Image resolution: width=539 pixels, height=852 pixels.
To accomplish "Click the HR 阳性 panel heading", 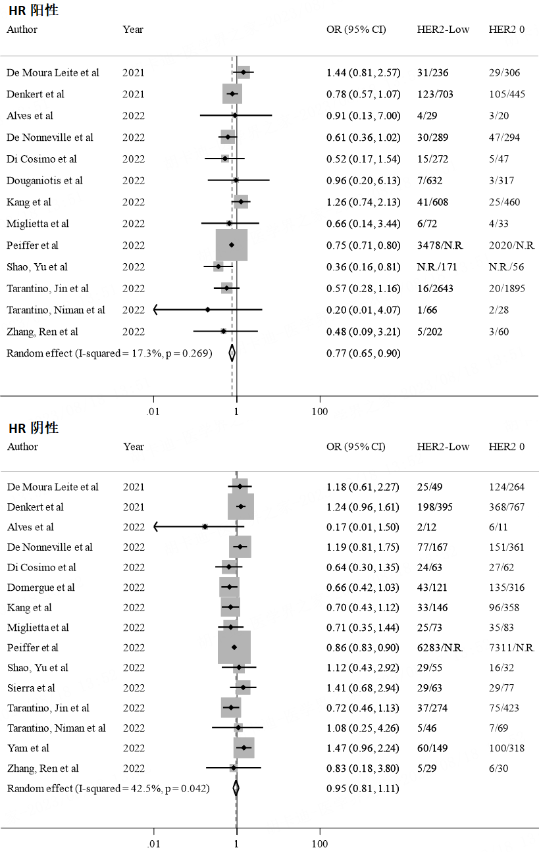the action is pyautogui.click(x=34, y=11).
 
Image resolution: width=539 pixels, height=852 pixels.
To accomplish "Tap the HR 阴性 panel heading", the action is pyautogui.click(x=34, y=428).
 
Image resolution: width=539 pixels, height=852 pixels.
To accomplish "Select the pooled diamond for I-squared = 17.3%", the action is pyautogui.click(x=232, y=353).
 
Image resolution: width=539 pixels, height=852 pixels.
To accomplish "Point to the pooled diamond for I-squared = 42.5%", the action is pyautogui.click(x=236, y=788).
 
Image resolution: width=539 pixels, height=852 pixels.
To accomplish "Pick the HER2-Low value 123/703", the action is pyautogui.click(x=435, y=94).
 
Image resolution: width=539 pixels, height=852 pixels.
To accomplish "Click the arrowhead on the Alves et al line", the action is pyautogui.click(x=156, y=527).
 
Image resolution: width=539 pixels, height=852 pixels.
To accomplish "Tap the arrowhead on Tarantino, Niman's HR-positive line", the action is pyautogui.click(x=156, y=310).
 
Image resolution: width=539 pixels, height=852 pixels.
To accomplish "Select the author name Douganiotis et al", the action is pyautogui.click(x=45, y=181).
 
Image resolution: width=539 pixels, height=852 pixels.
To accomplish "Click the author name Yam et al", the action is pyautogui.click(x=28, y=748).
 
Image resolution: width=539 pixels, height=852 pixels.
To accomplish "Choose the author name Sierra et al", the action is pyautogui.click(x=31, y=688).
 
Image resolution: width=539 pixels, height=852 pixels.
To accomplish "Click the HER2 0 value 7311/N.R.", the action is pyautogui.click(x=511, y=647).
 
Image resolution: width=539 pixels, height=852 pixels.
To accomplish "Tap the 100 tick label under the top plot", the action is pyautogui.click(x=320, y=412).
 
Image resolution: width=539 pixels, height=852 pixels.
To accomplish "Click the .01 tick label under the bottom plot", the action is pyautogui.click(x=153, y=844).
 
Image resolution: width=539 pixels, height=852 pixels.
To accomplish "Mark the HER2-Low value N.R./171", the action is pyautogui.click(x=437, y=267).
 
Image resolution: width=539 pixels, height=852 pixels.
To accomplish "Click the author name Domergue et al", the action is pyautogui.click(x=41, y=588).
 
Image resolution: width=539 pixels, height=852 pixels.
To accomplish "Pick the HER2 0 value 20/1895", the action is pyautogui.click(x=507, y=289).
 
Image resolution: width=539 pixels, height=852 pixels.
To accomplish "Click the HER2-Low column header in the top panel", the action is pyautogui.click(x=443, y=30).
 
